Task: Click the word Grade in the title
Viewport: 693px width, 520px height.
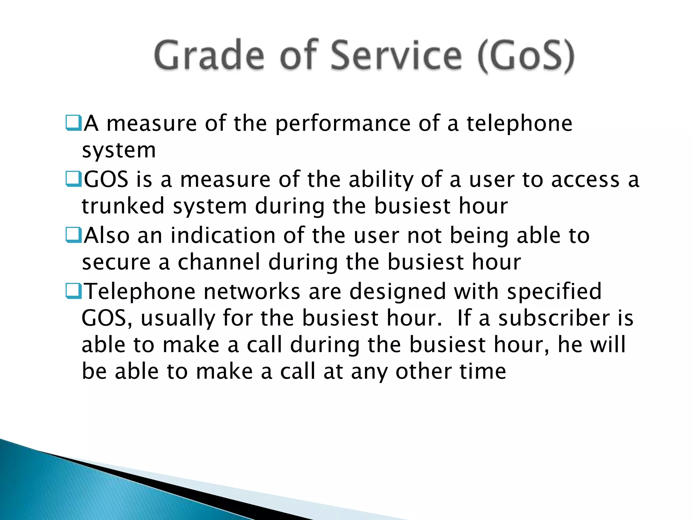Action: (209, 55)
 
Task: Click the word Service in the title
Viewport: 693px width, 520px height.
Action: (396, 55)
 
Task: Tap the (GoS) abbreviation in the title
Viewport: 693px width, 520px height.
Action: (526, 56)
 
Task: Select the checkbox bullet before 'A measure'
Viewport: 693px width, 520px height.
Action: (73, 123)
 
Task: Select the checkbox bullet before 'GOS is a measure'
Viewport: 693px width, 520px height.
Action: (73, 179)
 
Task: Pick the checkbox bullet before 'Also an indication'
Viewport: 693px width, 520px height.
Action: (73, 235)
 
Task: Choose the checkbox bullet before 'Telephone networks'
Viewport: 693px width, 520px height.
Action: (73, 291)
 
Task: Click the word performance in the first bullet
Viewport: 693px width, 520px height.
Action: (342, 124)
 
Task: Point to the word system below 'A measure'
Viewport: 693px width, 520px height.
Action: (119, 150)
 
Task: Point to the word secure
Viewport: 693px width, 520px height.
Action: (116, 263)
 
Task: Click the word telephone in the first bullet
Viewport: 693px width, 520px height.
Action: (519, 124)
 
